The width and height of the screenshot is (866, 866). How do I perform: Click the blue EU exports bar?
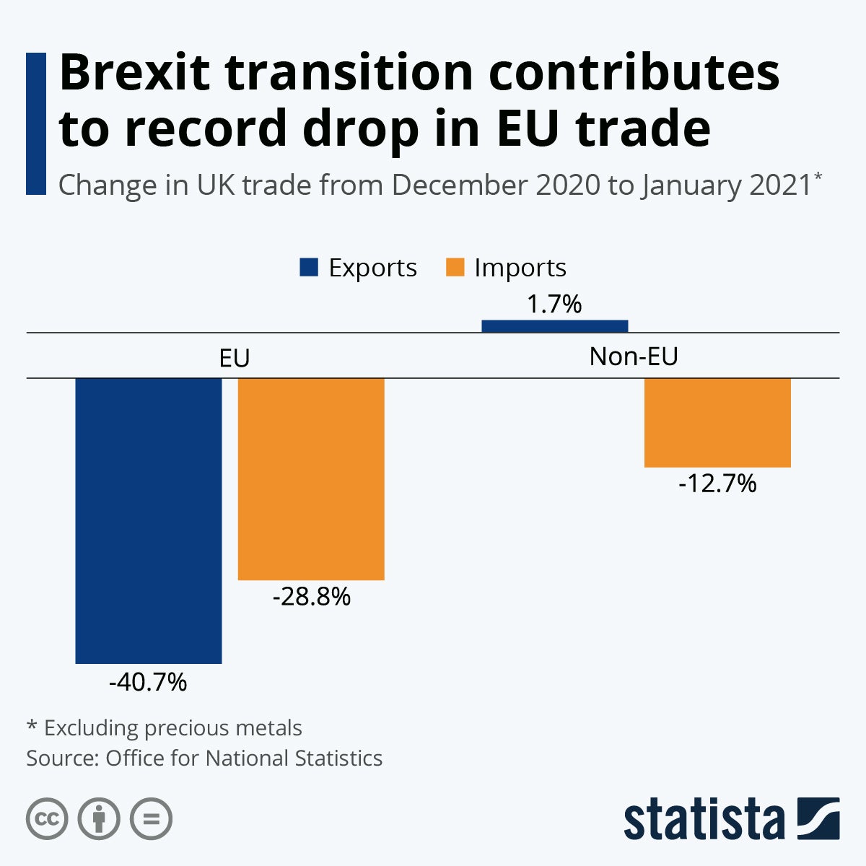pyautogui.click(x=149, y=520)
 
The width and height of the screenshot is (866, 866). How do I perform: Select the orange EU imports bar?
pyautogui.click(x=311, y=478)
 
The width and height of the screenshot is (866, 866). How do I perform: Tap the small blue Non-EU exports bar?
pyautogui.click(x=554, y=326)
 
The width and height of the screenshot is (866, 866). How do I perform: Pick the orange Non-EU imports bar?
pyautogui.click(x=717, y=423)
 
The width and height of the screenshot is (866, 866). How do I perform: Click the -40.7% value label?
pyautogui.click(x=148, y=682)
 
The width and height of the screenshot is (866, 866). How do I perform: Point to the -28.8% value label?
pyautogui.click(x=312, y=597)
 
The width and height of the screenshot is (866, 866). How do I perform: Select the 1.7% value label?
pyautogui.click(x=554, y=304)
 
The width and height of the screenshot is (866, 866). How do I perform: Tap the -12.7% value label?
pyautogui.click(x=717, y=484)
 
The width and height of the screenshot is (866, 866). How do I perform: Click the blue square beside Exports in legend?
pyautogui.click(x=309, y=268)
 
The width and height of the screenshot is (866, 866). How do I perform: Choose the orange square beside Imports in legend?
pyautogui.click(x=455, y=268)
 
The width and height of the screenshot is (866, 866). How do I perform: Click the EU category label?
pyautogui.click(x=235, y=358)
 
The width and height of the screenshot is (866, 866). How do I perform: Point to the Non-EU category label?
pyautogui.click(x=634, y=357)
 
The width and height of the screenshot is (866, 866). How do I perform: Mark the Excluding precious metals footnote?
pyautogui.click(x=165, y=727)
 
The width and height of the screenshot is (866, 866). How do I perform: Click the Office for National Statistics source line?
pyautogui.click(x=204, y=758)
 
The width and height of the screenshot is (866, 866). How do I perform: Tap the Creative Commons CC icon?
pyautogui.click(x=47, y=819)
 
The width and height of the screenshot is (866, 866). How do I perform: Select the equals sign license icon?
pyautogui.click(x=151, y=819)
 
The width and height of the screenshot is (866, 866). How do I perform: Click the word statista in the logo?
pyautogui.click(x=704, y=821)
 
